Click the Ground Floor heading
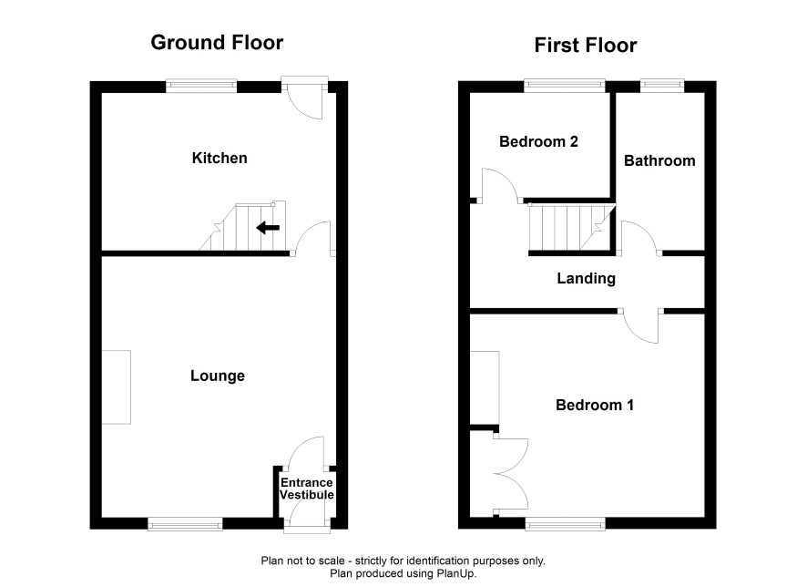[217, 42]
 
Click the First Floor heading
[585, 46]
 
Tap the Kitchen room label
[220, 158]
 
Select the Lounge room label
[217, 376]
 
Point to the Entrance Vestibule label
[307, 489]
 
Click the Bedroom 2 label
[538, 141]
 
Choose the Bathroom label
[659, 160]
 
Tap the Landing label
[587, 279]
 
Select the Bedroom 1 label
[595, 405]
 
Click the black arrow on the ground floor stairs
[268, 227]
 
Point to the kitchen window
[201, 86]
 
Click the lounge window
[185, 524]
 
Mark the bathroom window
[662, 86]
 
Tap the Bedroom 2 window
[565, 86]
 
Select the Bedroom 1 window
[565, 524]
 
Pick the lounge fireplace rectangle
[117, 387]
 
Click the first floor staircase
[572, 228]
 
